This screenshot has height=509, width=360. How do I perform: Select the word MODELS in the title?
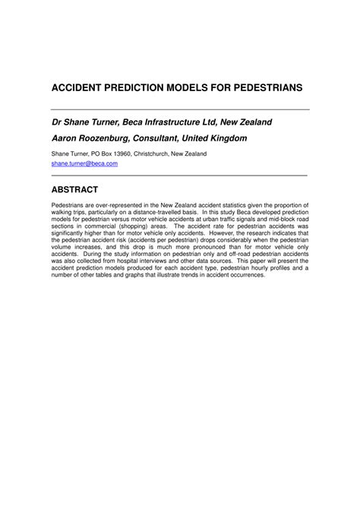193,88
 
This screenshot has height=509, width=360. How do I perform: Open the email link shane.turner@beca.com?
84,163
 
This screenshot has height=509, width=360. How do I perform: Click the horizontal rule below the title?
180,109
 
